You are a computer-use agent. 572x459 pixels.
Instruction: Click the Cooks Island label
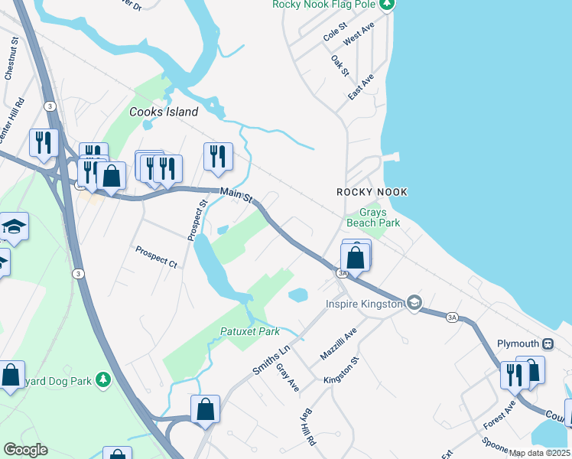pos(164,112)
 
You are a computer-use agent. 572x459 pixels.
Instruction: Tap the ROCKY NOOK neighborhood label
pos(372,192)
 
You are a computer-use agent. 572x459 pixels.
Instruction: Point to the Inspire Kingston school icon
pos(414,304)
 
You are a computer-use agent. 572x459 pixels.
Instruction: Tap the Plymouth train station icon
pos(548,343)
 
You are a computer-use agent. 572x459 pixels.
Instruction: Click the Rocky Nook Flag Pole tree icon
pos(388,5)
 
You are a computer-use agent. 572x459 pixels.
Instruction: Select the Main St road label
pos(236,195)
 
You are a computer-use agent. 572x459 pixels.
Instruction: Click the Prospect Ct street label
pos(156,256)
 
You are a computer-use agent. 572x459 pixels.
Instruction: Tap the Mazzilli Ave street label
pos(339,344)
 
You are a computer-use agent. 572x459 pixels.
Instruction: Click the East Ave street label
pos(360,87)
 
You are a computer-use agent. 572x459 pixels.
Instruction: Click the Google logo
pos(25,450)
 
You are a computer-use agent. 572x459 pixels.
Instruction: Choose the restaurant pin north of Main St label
pos(218,156)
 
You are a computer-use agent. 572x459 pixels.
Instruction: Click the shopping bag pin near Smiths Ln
pos(206,409)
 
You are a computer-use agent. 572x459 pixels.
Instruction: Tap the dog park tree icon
pos(105,380)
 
